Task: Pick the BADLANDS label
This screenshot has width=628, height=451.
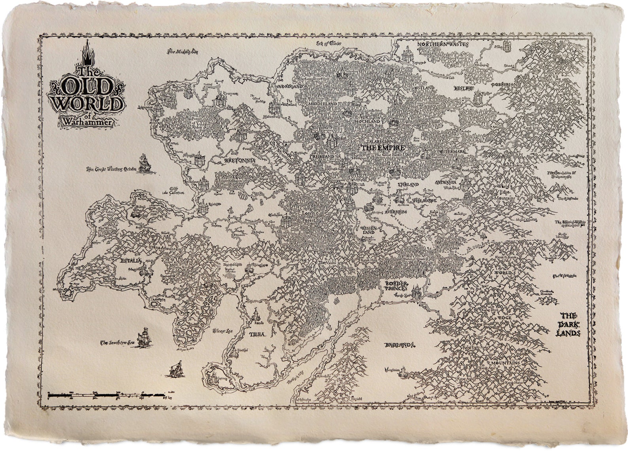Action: click(x=400, y=345)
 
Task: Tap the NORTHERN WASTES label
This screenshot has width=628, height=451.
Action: click(x=443, y=45)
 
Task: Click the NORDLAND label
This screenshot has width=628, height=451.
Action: click(x=290, y=86)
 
